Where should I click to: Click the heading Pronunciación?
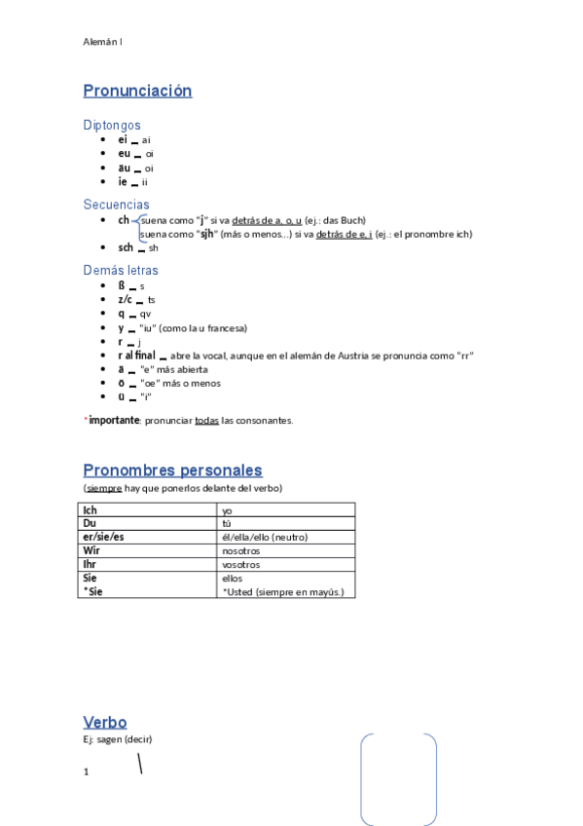click(x=137, y=91)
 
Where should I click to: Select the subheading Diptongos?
click(x=112, y=125)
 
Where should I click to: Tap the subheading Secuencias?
click(x=116, y=205)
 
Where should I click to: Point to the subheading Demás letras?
click(x=121, y=270)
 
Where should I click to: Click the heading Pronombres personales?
click(x=172, y=470)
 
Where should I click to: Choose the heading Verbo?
click(x=105, y=722)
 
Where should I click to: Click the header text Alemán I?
click(x=102, y=42)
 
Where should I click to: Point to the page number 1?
click(x=87, y=771)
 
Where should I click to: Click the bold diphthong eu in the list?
click(x=124, y=154)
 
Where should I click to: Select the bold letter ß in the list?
click(x=122, y=286)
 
